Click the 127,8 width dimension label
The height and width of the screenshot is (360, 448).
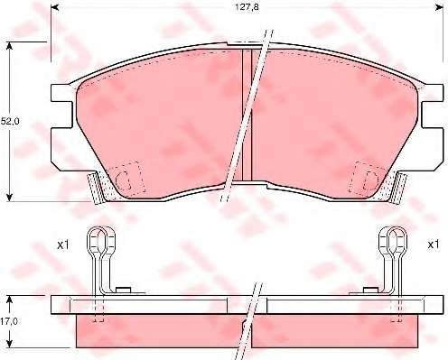tap(247, 7)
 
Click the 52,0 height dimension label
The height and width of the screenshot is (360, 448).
tap(10, 122)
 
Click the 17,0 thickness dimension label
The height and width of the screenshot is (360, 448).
tap(9, 321)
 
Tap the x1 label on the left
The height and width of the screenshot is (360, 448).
tap(63, 245)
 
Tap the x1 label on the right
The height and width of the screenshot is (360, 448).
tap(434, 245)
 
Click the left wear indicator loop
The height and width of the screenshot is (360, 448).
tap(101, 241)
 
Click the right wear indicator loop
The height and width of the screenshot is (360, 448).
tap(393, 241)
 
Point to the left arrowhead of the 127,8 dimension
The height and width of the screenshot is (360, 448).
tap(54, 7)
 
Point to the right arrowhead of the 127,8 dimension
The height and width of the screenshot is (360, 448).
tap(440, 7)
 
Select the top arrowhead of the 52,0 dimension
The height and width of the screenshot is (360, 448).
tap(10, 46)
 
